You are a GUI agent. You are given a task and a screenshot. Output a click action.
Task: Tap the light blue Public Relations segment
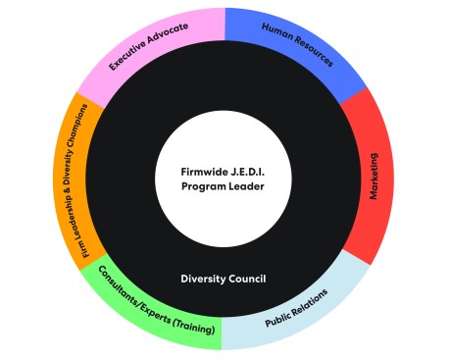pos(299,312)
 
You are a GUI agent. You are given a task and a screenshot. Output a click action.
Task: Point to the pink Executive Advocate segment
pos(147,49)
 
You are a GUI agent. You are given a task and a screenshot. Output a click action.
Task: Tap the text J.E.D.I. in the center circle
pos(242,174)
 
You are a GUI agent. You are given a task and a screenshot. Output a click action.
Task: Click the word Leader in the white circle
pos(246,190)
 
